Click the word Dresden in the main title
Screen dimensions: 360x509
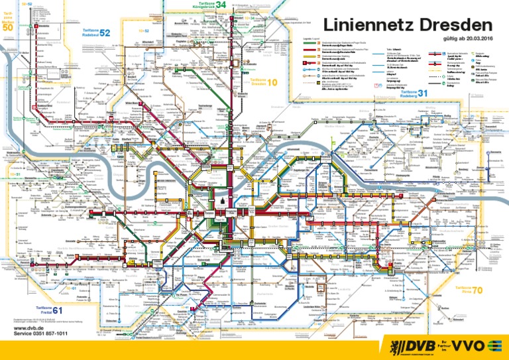pyautogui.click(x=455, y=27)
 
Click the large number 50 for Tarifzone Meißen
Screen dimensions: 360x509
pyautogui.click(x=8, y=28)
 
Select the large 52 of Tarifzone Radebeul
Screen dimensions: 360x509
pyautogui.click(x=105, y=33)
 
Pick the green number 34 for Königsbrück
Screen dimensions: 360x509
pyautogui.click(x=221, y=6)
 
